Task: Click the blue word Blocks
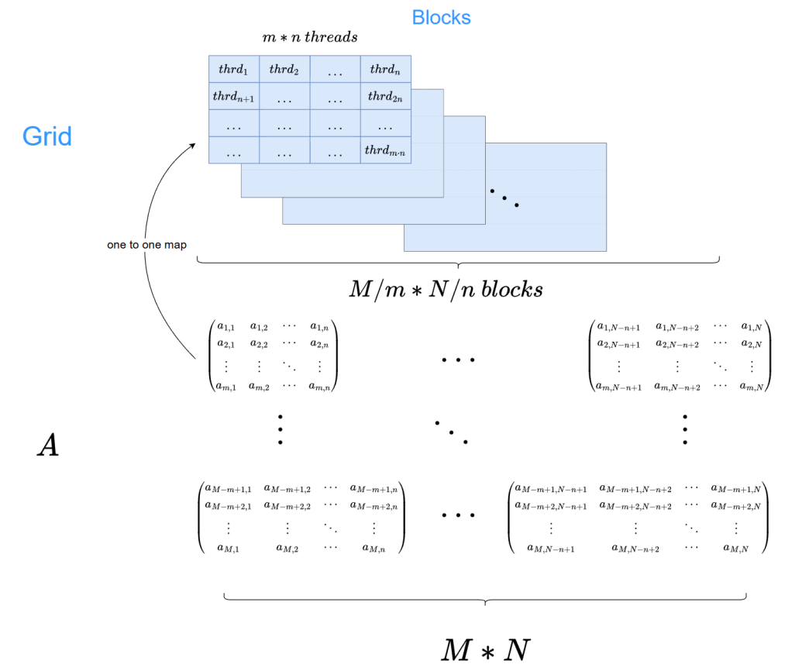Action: [441, 17]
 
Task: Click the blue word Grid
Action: [46, 136]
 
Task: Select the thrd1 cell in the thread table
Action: [232, 69]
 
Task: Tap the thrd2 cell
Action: [284, 69]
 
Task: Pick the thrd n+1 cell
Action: [232, 97]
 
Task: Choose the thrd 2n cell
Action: [385, 97]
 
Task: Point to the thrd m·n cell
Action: [385, 150]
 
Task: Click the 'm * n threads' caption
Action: [310, 37]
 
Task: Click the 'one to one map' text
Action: [147, 245]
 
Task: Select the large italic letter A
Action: [47, 446]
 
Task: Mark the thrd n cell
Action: [385, 69]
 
